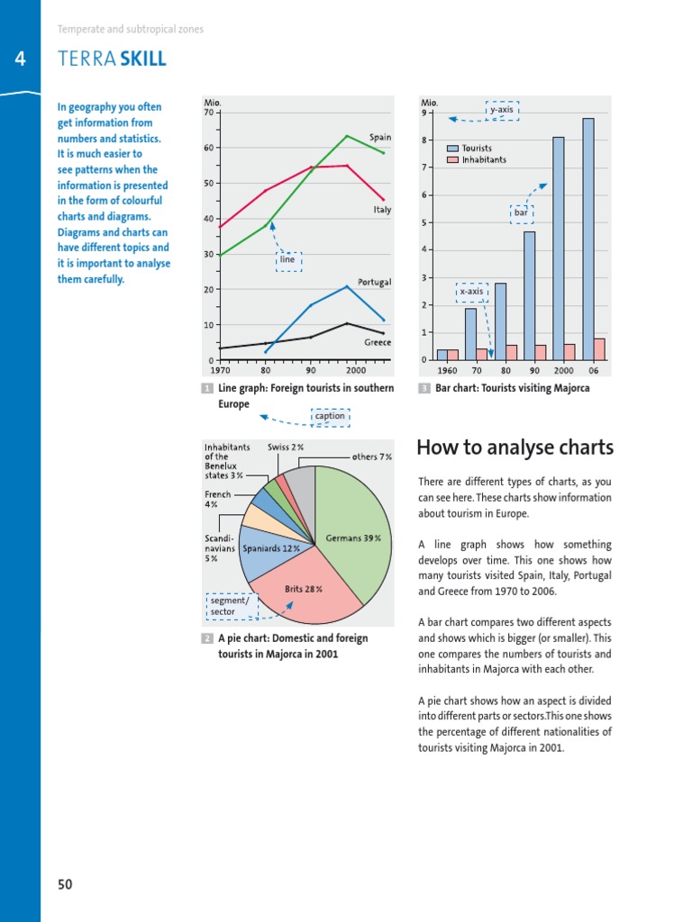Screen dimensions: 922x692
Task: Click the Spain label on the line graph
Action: pyautogui.click(x=379, y=137)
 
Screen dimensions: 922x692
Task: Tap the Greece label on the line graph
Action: pyautogui.click(x=377, y=342)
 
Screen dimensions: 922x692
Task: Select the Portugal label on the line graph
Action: pyautogui.click(x=374, y=282)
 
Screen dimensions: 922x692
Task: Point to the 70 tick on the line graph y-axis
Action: pyautogui.click(x=208, y=113)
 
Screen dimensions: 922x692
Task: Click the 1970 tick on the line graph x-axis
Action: pyautogui.click(x=220, y=369)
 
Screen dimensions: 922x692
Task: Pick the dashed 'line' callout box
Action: pyautogui.click(x=288, y=260)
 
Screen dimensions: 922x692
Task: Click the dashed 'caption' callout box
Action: pyautogui.click(x=330, y=416)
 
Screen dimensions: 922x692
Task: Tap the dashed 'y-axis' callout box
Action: pyautogui.click(x=502, y=110)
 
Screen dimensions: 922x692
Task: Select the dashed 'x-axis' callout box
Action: pyautogui.click(x=471, y=292)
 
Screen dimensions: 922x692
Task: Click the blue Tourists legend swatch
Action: pyautogui.click(x=452, y=148)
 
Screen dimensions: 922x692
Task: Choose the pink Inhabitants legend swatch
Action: pyautogui.click(x=452, y=159)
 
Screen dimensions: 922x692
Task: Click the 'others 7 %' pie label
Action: pyautogui.click(x=371, y=456)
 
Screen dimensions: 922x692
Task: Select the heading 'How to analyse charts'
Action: pyautogui.click(x=515, y=447)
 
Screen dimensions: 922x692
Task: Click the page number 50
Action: pyautogui.click(x=65, y=884)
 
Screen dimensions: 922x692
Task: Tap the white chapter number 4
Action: pyautogui.click(x=20, y=59)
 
